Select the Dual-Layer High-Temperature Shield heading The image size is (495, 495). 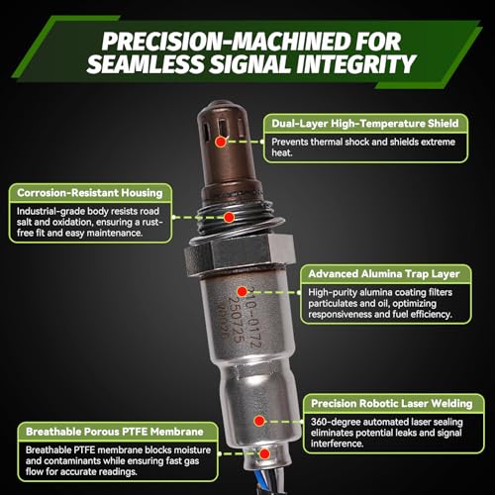[365, 124]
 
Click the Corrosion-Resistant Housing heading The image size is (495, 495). [90, 193]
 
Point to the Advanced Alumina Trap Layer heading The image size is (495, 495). [384, 274]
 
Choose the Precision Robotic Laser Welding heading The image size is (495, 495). [392, 403]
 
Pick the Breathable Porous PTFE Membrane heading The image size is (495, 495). [115, 432]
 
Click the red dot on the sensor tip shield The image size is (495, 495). [221, 142]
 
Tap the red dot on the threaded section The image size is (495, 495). [229, 217]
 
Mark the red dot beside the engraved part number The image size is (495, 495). [243, 292]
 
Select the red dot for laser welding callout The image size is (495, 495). [259, 421]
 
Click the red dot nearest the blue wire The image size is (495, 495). [264, 454]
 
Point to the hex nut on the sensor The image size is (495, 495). [240, 254]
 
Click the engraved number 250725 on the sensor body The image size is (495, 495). [237, 320]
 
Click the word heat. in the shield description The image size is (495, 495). [282, 152]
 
